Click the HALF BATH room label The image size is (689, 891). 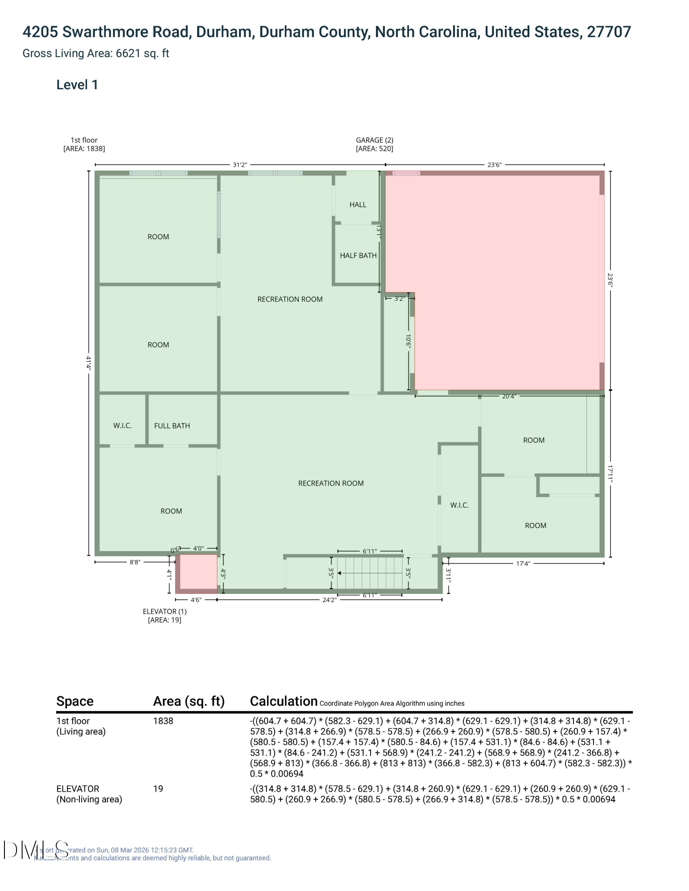(358, 255)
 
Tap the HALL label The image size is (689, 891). (358, 204)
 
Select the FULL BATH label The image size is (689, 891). (172, 425)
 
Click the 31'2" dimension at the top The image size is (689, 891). (240, 165)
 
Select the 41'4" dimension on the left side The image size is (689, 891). (89, 363)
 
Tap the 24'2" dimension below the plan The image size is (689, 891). (329, 600)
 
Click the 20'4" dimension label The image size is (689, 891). (509, 396)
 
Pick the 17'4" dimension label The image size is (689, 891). (523, 564)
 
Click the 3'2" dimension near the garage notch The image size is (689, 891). (399, 298)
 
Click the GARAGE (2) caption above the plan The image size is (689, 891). (374, 140)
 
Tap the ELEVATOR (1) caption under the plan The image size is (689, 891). (165, 611)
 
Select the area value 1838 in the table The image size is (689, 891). (163, 721)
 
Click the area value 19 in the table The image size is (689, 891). (158, 789)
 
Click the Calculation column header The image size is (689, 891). (284, 701)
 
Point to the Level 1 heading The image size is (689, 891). (77, 85)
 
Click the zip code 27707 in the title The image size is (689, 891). (609, 32)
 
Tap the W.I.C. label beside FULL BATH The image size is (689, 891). (122, 425)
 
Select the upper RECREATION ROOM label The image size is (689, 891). (290, 299)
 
